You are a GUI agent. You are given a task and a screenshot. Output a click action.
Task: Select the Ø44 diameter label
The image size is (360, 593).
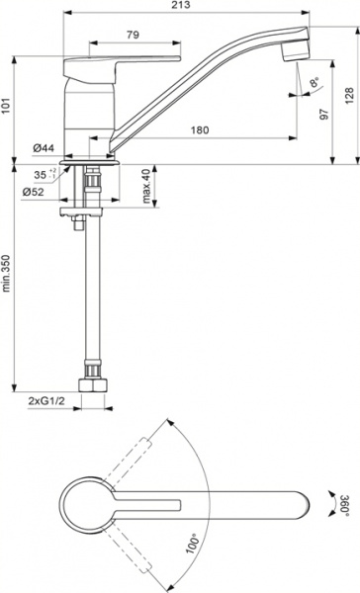(x=42, y=148)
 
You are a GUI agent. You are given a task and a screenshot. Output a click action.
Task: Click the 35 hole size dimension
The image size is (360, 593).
(x=43, y=174)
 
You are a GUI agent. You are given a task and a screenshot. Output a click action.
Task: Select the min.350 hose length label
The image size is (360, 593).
(x=8, y=274)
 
